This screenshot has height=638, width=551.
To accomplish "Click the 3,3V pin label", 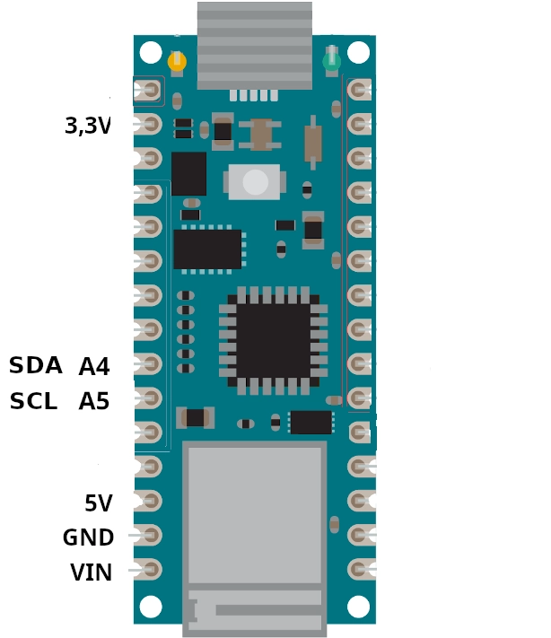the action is (x=87, y=126).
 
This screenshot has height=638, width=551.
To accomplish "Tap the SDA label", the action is (x=35, y=365).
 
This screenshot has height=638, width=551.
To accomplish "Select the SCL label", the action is (x=33, y=401).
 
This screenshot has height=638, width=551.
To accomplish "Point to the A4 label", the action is (x=94, y=366).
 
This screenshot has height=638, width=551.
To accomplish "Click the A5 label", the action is (x=94, y=402).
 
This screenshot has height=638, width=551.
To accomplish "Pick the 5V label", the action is (x=99, y=503).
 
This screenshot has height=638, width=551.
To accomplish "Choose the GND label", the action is (x=88, y=537).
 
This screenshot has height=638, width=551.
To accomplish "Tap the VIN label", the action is (x=92, y=572).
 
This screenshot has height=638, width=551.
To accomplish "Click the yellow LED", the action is (x=177, y=62).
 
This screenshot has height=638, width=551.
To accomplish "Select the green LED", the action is (x=332, y=61).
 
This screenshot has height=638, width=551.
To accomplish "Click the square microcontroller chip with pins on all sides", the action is (x=273, y=341).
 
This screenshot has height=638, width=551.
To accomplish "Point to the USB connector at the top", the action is (x=255, y=46).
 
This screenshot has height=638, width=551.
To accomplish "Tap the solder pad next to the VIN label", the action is (x=149, y=570).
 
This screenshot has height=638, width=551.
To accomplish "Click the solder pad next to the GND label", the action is (x=149, y=535).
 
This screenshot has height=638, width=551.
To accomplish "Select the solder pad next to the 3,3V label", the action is (x=149, y=123).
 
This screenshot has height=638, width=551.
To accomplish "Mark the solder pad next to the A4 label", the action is (x=149, y=363).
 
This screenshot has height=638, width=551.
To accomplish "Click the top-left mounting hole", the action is (x=151, y=52).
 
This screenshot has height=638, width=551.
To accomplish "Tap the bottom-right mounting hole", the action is (x=359, y=607).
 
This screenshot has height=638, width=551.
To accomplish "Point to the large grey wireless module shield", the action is (x=255, y=538).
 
